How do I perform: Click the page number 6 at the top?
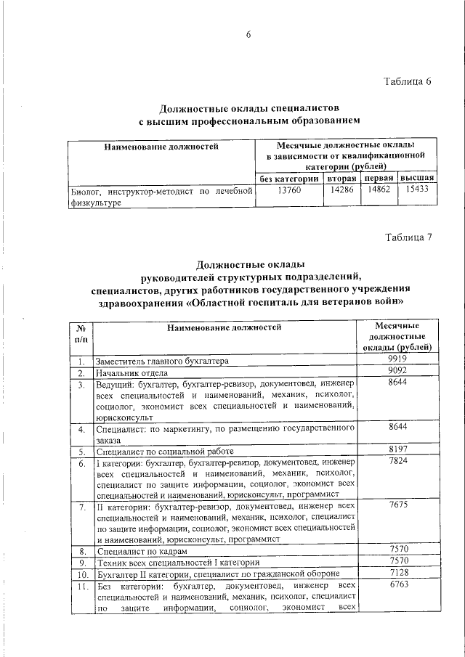click(248, 36)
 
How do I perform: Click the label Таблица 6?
click(408, 81)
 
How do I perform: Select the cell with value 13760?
click(288, 191)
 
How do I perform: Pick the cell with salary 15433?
click(418, 191)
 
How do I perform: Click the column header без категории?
click(289, 178)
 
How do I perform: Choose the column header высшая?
click(418, 178)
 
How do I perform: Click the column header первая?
click(379, 178)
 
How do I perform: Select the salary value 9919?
click(397, 359)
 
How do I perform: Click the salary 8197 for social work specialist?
click(397, 450)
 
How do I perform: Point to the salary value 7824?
click(397, 462)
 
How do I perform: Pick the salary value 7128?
click(397, 574)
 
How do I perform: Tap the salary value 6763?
click(397, 585)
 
